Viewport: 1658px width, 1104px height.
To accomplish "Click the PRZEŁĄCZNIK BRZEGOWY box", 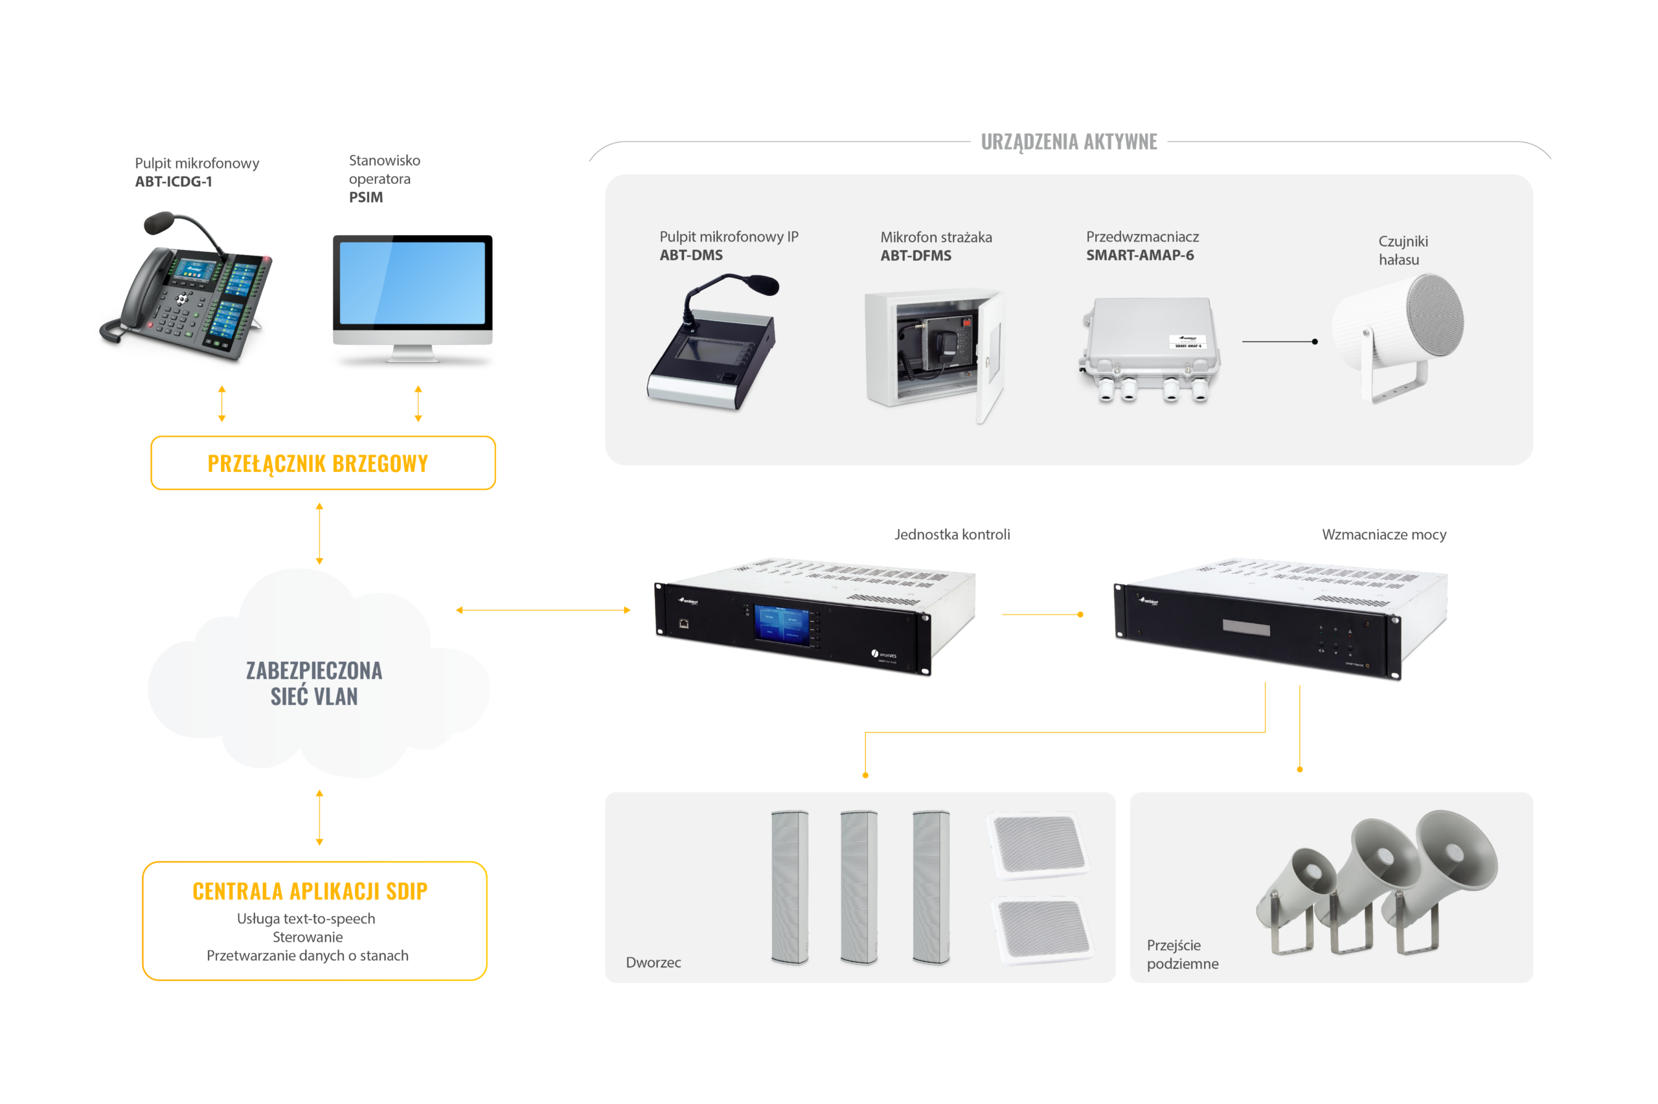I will (x=323, y=463).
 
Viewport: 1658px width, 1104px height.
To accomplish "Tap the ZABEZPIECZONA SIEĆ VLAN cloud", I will (x=314, y=683).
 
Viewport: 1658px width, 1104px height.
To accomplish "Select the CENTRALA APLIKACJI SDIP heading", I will (x=310, y=892).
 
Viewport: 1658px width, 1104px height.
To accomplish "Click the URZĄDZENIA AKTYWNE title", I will (x=1069, y=142).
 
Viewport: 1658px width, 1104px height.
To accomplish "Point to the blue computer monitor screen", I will (x=412, y=283).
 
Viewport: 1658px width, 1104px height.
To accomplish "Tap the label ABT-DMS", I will (x=690, y=256).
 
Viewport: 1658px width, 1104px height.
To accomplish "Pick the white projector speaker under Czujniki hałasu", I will (x=1397, y=335).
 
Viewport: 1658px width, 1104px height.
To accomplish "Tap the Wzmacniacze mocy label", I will (x=1383, y=535).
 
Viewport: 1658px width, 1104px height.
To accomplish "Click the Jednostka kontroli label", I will (x=952, y=535).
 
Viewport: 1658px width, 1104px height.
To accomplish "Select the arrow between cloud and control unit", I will (x=543, y=611).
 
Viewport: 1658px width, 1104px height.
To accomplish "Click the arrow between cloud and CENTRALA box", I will (x=320, y=817).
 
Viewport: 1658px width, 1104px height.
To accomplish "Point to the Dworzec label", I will (x=653, y=962).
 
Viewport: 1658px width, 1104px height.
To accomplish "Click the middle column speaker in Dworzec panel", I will (x=859, y=887).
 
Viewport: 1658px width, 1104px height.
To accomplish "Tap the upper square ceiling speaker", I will (x=1038, y=845).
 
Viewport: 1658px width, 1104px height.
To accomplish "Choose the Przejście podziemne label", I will (x=1182, y=954).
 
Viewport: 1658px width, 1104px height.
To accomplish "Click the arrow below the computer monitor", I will (x=418, y=403).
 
